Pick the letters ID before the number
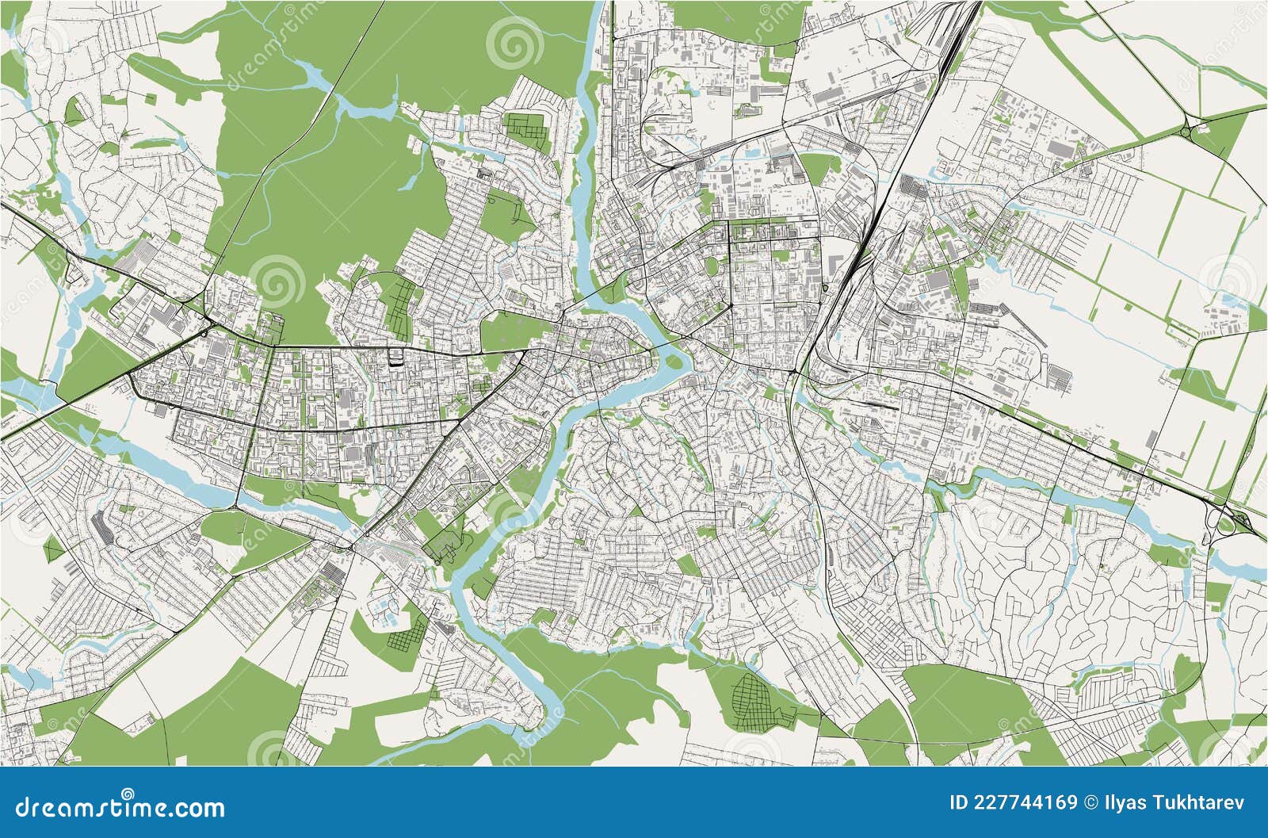click(958, 803)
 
